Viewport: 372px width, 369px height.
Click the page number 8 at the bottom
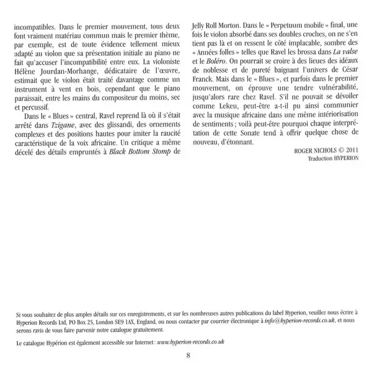tap(187, 355)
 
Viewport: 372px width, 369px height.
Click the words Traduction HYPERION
tap(334, 176)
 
